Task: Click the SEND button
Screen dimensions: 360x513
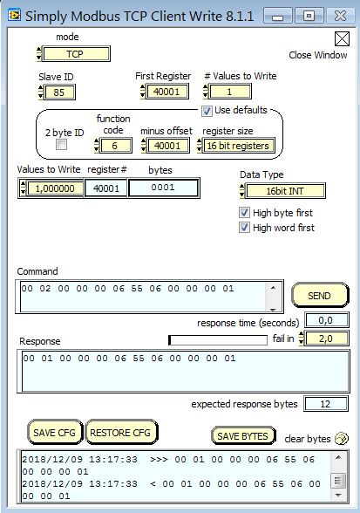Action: click(319, 295)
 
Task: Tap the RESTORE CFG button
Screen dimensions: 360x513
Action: click(120, 432)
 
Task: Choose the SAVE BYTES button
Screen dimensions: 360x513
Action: click(242, 435)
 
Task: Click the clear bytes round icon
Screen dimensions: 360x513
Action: click(342, 438)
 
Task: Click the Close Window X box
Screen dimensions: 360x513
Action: click(342, 39)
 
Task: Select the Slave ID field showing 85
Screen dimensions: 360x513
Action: click(59, 92)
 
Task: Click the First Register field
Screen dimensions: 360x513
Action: click(166, 92)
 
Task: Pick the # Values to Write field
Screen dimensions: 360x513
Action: click(229, 92)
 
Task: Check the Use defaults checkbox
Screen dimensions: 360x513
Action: click(207, 111)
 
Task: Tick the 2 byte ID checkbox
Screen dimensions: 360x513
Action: click(61, 144)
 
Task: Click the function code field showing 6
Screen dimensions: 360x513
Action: click(115, 146)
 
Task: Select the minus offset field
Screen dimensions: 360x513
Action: click(167, 146)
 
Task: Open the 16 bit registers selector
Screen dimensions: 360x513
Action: click(238, 146)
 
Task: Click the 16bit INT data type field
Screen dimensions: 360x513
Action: click(285, 191)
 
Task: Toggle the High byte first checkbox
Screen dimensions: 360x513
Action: click(244, 213)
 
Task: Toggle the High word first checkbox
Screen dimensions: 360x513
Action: click(244, 228)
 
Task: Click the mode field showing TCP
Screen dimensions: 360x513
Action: click(76, 54)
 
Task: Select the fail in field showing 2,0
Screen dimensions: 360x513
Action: click(326, 339)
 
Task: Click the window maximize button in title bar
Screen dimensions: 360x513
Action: click(309, 16)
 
